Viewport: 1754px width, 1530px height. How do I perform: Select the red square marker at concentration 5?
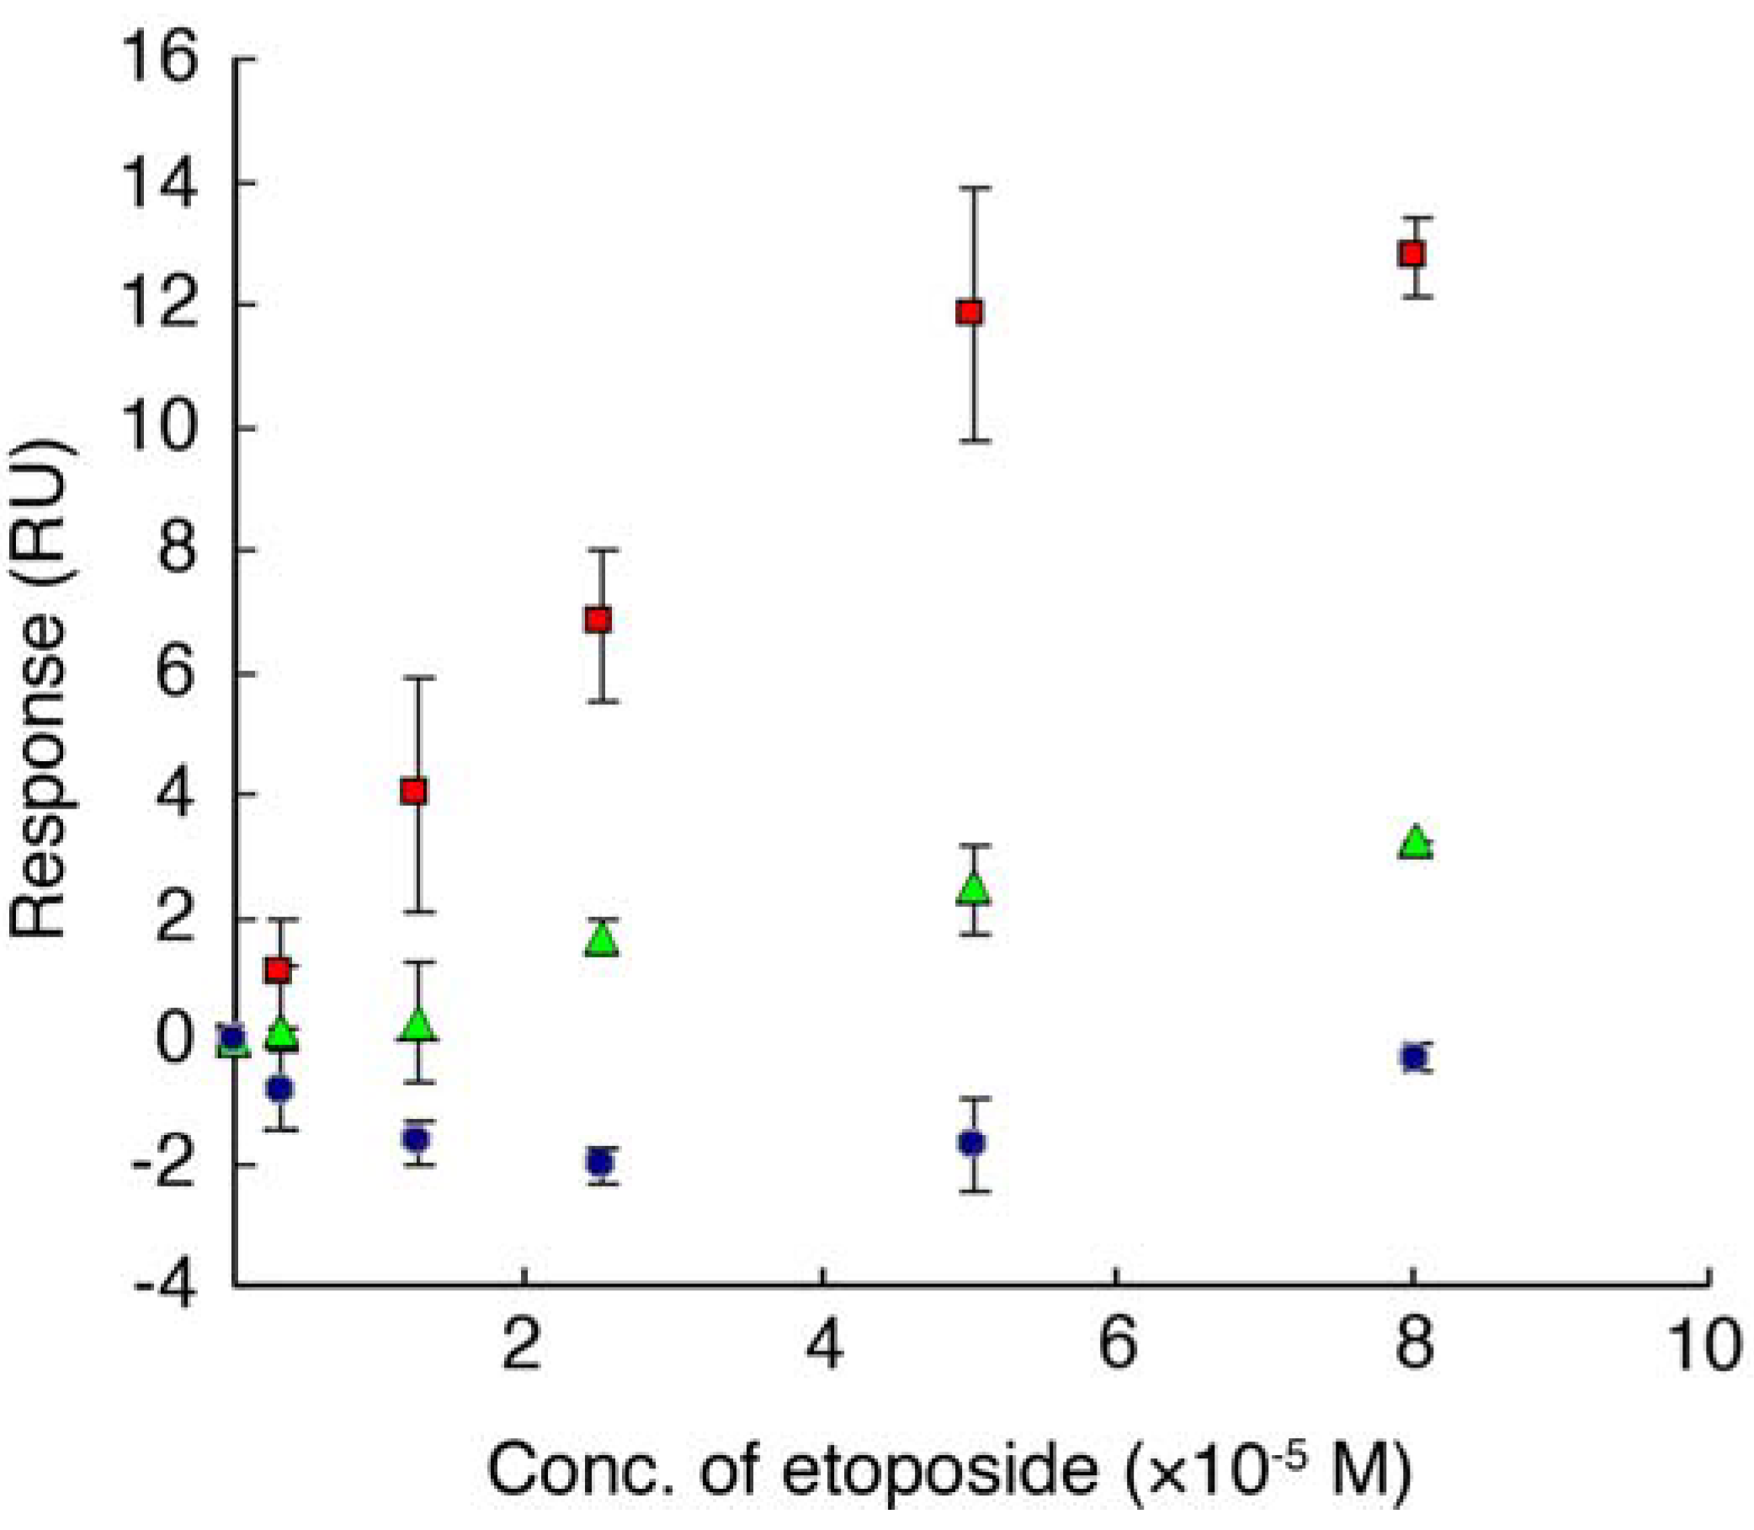pyautogui.click(x=970, y=312)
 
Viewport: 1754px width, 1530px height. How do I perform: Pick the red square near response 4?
pyautogui.click(x=415, y=792)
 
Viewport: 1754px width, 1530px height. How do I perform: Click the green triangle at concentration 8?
pyautogui.click(x=1415, y=843)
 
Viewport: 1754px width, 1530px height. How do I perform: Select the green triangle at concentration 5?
pyautogui.click(x=974, y=889)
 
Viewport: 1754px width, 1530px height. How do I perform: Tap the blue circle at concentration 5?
pyautogui.click(x=971, y=1144)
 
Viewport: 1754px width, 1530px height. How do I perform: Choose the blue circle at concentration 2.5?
pyautogui.click(x=600, y=1162)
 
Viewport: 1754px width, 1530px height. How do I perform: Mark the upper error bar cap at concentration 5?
pyautogui.click(x=971, y=187)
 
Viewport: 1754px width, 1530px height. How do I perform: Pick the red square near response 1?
pyautogui.click(x=279, y=971)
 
